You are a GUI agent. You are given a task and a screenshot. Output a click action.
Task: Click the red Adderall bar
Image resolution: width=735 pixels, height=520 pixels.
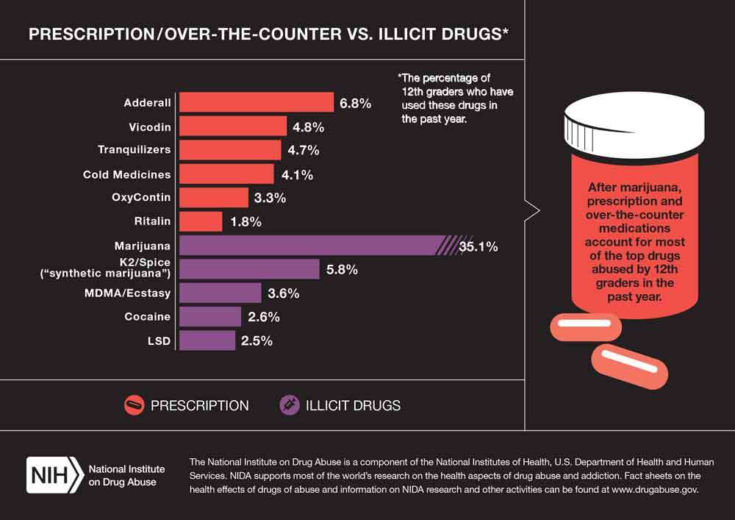pyautogui.click(x=257, y=102)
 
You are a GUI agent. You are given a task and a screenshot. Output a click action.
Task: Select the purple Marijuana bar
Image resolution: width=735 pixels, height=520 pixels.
pyautogui.click(x=326, y=246)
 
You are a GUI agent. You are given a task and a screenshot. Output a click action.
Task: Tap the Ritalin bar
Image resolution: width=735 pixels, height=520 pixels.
pyautogui.click(x=201, y=221)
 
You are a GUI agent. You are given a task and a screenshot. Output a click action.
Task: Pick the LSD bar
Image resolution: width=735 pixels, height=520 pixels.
pyautogui.click(x=207, y=341)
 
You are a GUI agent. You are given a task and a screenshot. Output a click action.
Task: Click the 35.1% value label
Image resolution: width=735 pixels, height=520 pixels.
pyautogui.click(x=478, y=246)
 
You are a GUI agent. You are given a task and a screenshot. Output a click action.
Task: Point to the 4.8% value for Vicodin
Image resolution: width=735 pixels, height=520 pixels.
pyautogui.click(x=309, y=127)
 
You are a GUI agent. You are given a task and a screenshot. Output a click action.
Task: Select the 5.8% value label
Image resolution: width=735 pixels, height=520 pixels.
pyautogui.click(x=342, y=270)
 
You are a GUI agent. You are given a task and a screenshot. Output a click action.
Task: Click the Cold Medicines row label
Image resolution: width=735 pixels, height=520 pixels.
pyautogui.click(x=126, y=174)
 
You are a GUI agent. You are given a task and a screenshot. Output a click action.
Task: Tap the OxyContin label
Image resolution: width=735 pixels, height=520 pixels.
pyautogui.click(x=141, y=197)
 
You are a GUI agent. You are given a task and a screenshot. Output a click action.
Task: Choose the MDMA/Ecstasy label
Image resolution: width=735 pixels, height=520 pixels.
pyautogui.click(x=127, y=293)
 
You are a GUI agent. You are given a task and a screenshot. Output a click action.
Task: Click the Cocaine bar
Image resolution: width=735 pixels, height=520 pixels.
pyautogui.click(x=210, y=316)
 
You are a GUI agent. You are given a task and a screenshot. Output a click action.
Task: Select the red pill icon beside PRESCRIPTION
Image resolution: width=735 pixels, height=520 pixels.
pyautogui.click(x=134, y=405)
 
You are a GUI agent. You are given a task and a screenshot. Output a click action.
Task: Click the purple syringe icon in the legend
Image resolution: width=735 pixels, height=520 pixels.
pyautogui.click(x=289, y=405)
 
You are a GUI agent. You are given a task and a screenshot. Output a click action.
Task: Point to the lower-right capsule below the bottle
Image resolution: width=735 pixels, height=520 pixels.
pyautogui.click(x=629, y=367)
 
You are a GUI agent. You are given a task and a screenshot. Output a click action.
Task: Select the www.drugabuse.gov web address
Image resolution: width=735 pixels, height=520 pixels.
pyautogui.click(x=655, y=490)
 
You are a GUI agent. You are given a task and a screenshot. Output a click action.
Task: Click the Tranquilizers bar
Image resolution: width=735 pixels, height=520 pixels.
pyautogui.click(x=230, y=150)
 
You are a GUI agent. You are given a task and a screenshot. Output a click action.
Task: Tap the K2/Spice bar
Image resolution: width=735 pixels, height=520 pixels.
pyautogui.click(x=249, y=269)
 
